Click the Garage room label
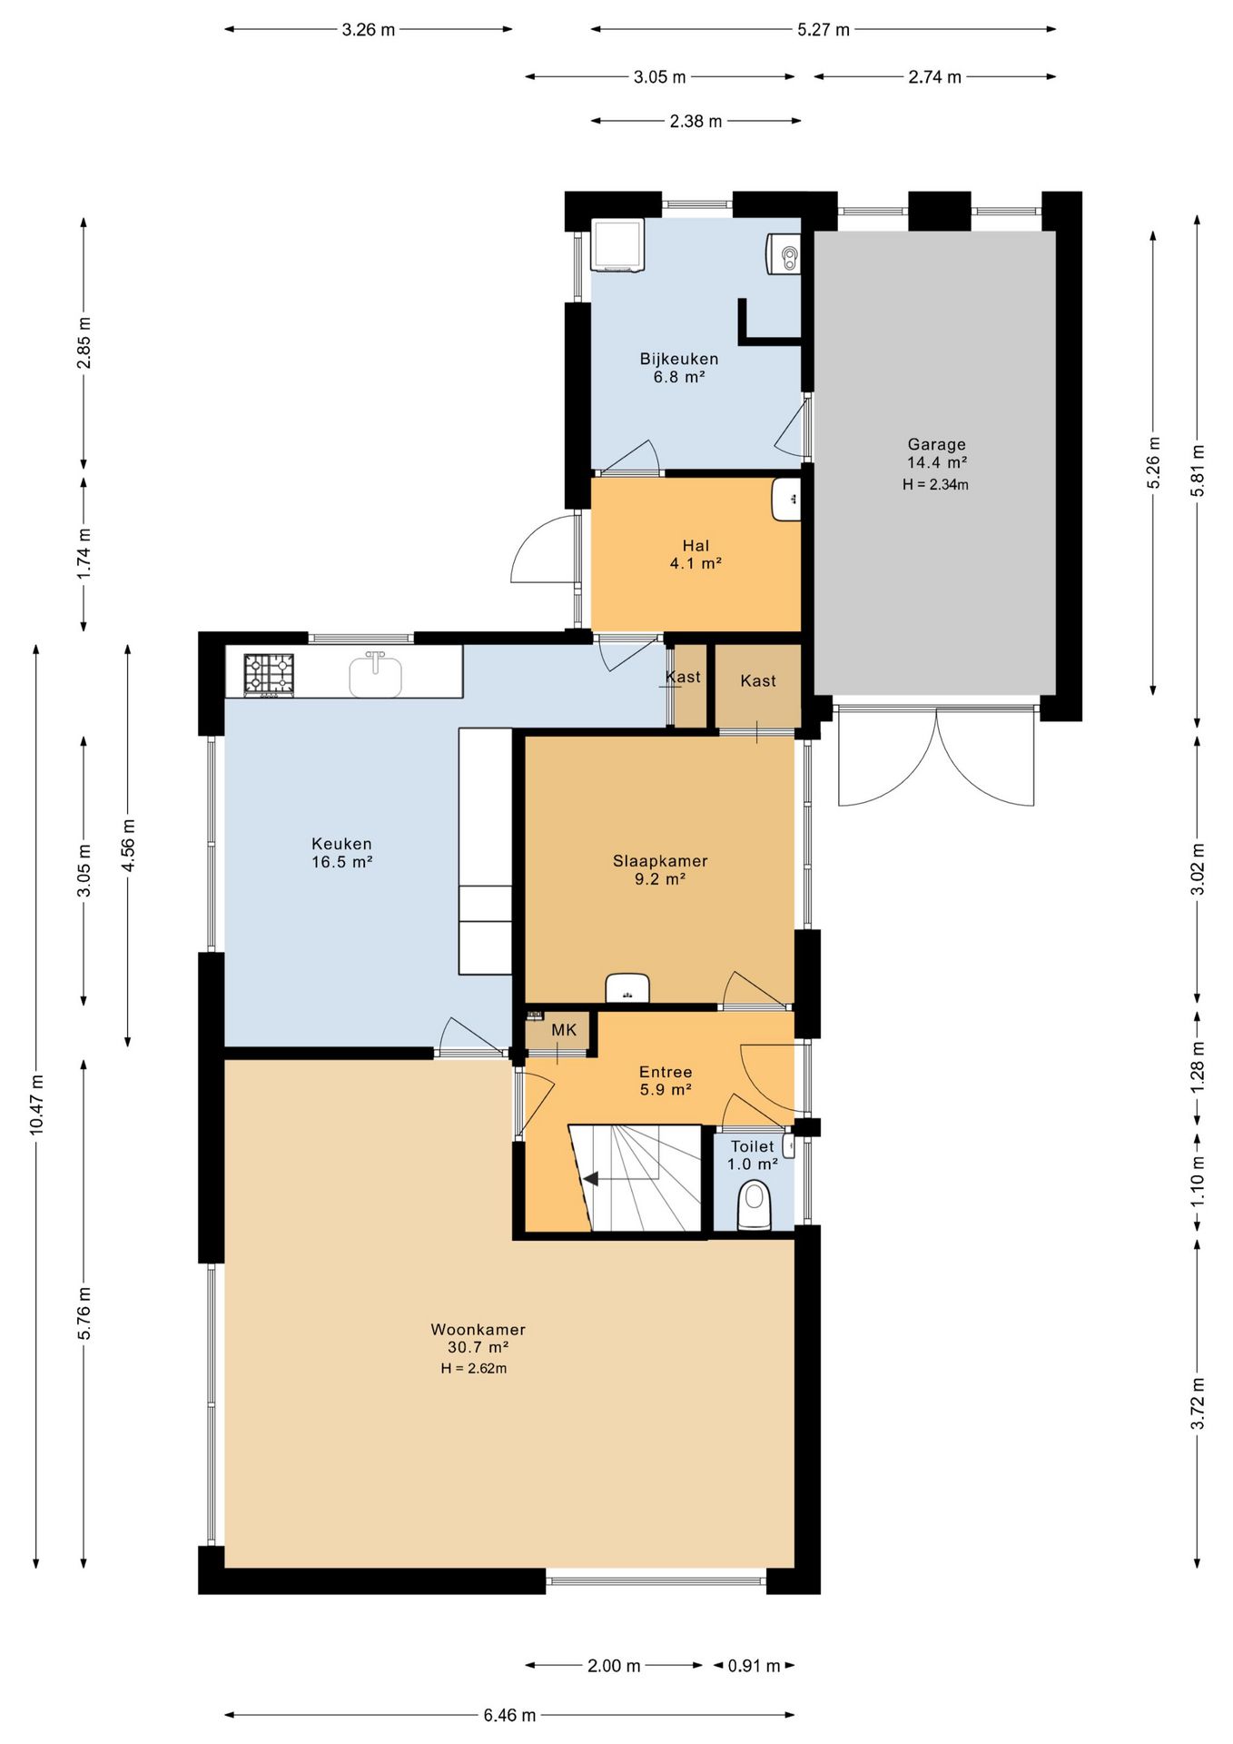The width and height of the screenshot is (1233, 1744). (936, 444)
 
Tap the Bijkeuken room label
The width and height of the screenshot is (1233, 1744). (678, 359)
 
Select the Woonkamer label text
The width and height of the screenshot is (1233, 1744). (478, 1329)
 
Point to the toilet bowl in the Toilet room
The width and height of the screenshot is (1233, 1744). (754, 1204)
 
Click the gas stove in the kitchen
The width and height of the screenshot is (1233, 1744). (269, 676)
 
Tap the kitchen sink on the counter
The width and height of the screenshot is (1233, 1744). (376, 674)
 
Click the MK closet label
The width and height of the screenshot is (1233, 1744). (564, 1030)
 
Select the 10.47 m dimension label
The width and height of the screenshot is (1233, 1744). (36, 1104)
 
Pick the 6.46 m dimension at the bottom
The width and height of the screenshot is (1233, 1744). (509, 1715)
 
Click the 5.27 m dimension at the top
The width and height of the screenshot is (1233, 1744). (824, 29)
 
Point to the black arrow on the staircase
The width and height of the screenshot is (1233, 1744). (590, 1179)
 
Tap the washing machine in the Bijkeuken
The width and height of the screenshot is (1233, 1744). (617, 244)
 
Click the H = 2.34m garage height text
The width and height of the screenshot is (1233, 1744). (935, 485)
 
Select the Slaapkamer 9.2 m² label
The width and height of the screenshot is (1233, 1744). (660, 869)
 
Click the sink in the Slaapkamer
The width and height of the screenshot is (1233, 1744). (627, 987)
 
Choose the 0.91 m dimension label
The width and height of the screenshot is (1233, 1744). (754, 1666)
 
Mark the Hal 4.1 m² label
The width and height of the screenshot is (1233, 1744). (695, 554)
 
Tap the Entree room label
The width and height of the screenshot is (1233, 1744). (666, 1072)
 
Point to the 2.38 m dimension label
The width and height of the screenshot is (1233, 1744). (695, 121)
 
